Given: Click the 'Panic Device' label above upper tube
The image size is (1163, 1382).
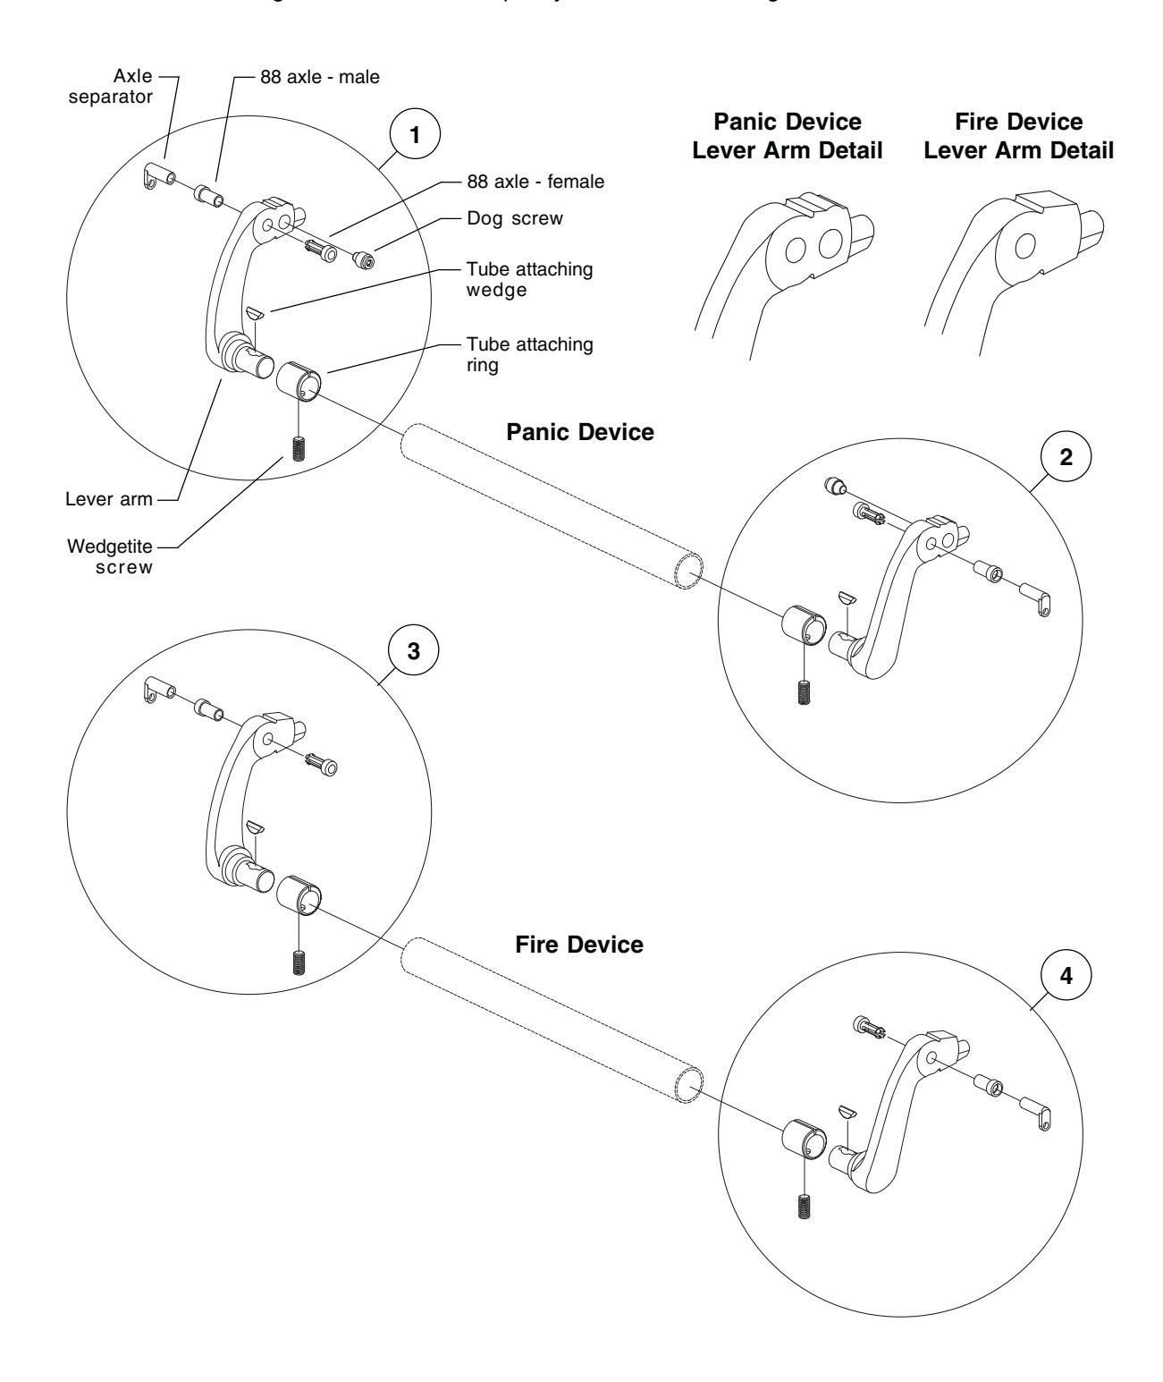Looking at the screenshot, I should click(579, 432).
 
